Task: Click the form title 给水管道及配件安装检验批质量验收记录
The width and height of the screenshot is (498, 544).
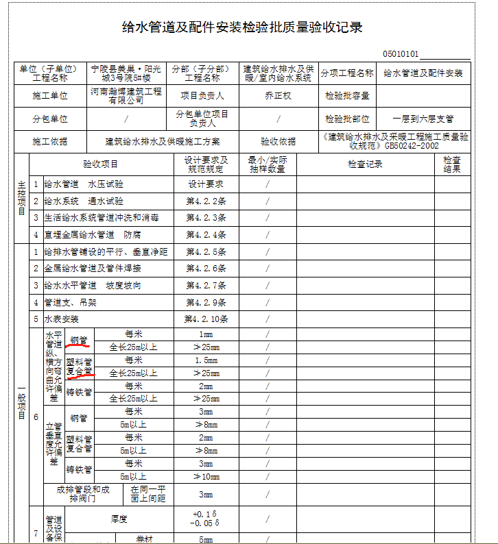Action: point(241,28)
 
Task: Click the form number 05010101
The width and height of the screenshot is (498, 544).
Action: point(401,53)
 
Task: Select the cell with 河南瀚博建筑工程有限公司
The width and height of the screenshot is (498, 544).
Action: point(126,96)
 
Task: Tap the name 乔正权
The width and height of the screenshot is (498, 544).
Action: point(278,96)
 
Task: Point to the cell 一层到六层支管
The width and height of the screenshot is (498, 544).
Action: point(423,119)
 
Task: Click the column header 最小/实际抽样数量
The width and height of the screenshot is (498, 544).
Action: point(267,164)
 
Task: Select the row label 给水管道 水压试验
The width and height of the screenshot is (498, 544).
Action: point(84,184)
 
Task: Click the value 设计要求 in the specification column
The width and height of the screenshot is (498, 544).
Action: point(206,184)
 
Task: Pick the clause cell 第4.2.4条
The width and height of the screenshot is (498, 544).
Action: point(206,235)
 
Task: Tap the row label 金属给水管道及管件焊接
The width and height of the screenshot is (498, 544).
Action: point(93,269)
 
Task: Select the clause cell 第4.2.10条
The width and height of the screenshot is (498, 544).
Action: point(206,319)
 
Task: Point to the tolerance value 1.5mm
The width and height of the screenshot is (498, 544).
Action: point(206,360)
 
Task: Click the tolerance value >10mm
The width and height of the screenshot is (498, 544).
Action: point(206,476)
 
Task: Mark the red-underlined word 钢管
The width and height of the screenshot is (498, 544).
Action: point(79,340)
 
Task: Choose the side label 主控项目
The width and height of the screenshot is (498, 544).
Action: point(21,197)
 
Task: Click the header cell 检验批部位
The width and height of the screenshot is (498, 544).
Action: point(347,119)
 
